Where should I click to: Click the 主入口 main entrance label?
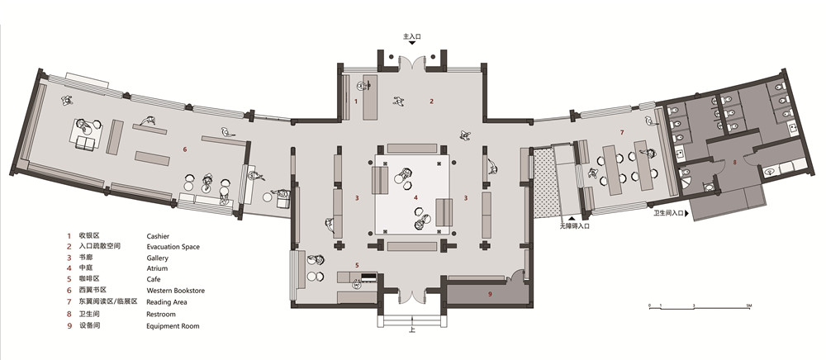(411, 37)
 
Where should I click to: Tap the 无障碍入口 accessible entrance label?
(574, 225)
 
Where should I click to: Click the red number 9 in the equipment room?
(489, 294)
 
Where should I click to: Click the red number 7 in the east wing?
(622, 132)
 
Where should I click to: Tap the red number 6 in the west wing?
(185, 149)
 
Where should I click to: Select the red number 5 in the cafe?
(357, 265)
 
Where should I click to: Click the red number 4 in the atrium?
(416, 197)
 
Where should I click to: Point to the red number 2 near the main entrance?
(430, 101)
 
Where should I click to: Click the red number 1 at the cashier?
(356, 101)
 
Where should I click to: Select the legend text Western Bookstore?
(175, 291)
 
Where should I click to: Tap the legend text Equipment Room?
(173, 325)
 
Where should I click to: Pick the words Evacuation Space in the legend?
(173, 247)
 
